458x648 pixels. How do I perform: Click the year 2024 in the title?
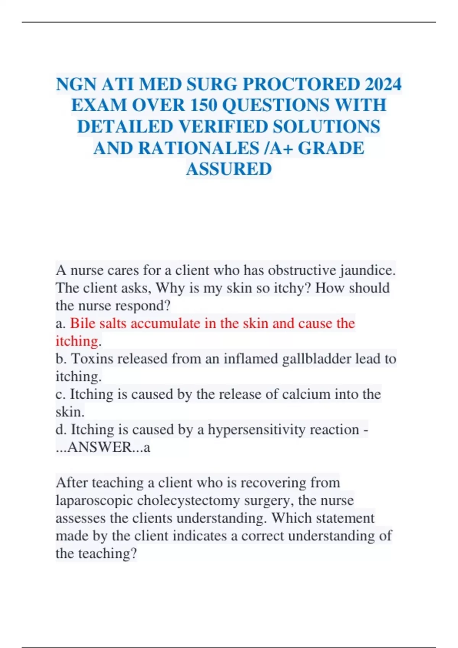click(x=383, y=84)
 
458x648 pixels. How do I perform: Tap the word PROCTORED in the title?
click(x=301, y=84)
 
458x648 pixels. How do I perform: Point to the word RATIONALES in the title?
click(x=198, y=148)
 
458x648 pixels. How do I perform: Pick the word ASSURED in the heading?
click(x=229, y=169)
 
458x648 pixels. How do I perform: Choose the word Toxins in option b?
click(x=92, y=359)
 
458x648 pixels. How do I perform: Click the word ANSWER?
click(x=99, y=447)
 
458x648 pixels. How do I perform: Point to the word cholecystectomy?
click(x=188, y=500)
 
